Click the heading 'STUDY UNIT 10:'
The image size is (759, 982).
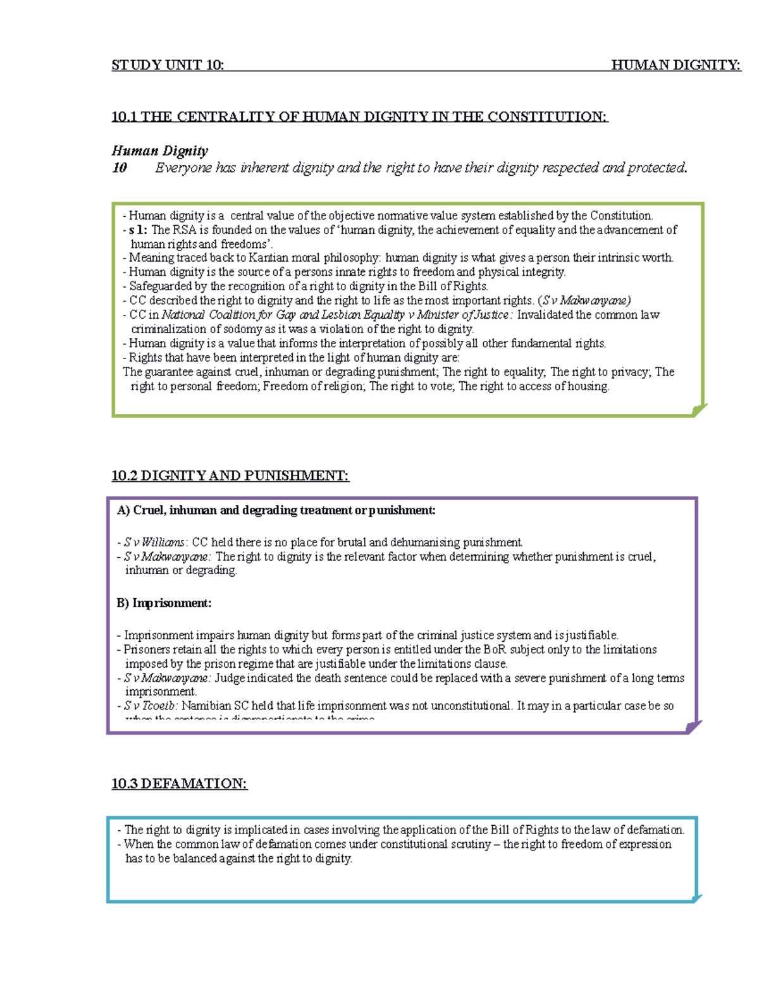pyautogui.click(x=168, y=65)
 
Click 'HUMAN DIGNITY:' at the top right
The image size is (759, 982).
pyautogui.click(x=676, y=65)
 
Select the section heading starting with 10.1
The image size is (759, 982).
pyautogui.click(x=359, y=116)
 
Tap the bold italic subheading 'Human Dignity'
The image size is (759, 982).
pyautogui.click(x=160, y=150)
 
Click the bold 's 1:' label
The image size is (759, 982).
pyautogui.click(x=138, y=230)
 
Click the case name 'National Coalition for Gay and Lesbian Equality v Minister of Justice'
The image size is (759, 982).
pyautogui.click(x=335, y=315)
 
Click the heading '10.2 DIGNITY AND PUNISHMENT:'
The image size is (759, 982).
pyautogui.click(x=230, y=476)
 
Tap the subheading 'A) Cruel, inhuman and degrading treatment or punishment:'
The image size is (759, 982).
pyautogui.click(x=276, y=510)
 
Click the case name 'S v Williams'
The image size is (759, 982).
pyautogui.click(x=154, y=543)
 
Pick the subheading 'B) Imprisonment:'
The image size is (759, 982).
pyautogui.click(x=164, y=603)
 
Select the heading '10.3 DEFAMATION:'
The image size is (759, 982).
pyautogui.click(x=180, y=784)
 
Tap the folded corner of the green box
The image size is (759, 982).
pyautogui.click(x=699, y=410)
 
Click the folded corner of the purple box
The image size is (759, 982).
pyautogui.click(x=694, y=727)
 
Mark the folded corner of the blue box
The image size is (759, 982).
pyautogui.click(x=697, y=898)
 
